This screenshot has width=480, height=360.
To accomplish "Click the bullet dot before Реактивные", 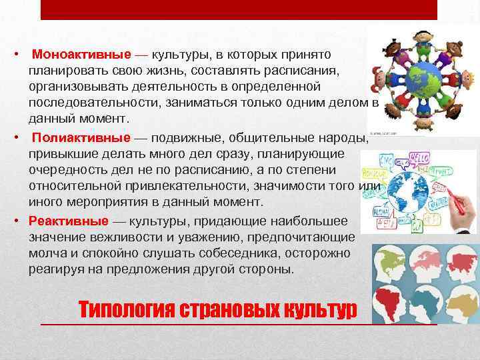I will pyautogui.click(x=20, y=221).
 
